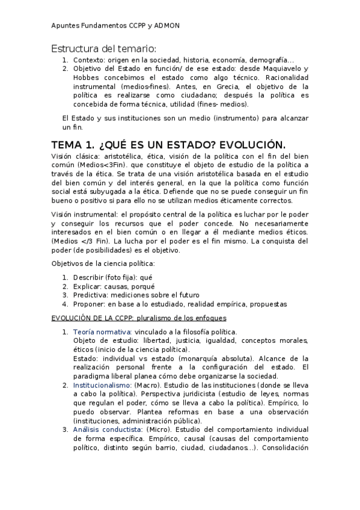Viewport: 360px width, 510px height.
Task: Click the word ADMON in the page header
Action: tap(166, 26)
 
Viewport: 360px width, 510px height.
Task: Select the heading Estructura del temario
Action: tap(103, 49)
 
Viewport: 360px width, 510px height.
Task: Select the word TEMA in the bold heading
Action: tap(69, 145)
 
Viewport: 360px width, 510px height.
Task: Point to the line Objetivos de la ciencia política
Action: tap(103, 264)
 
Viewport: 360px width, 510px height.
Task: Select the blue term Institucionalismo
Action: tap(102, 384)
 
